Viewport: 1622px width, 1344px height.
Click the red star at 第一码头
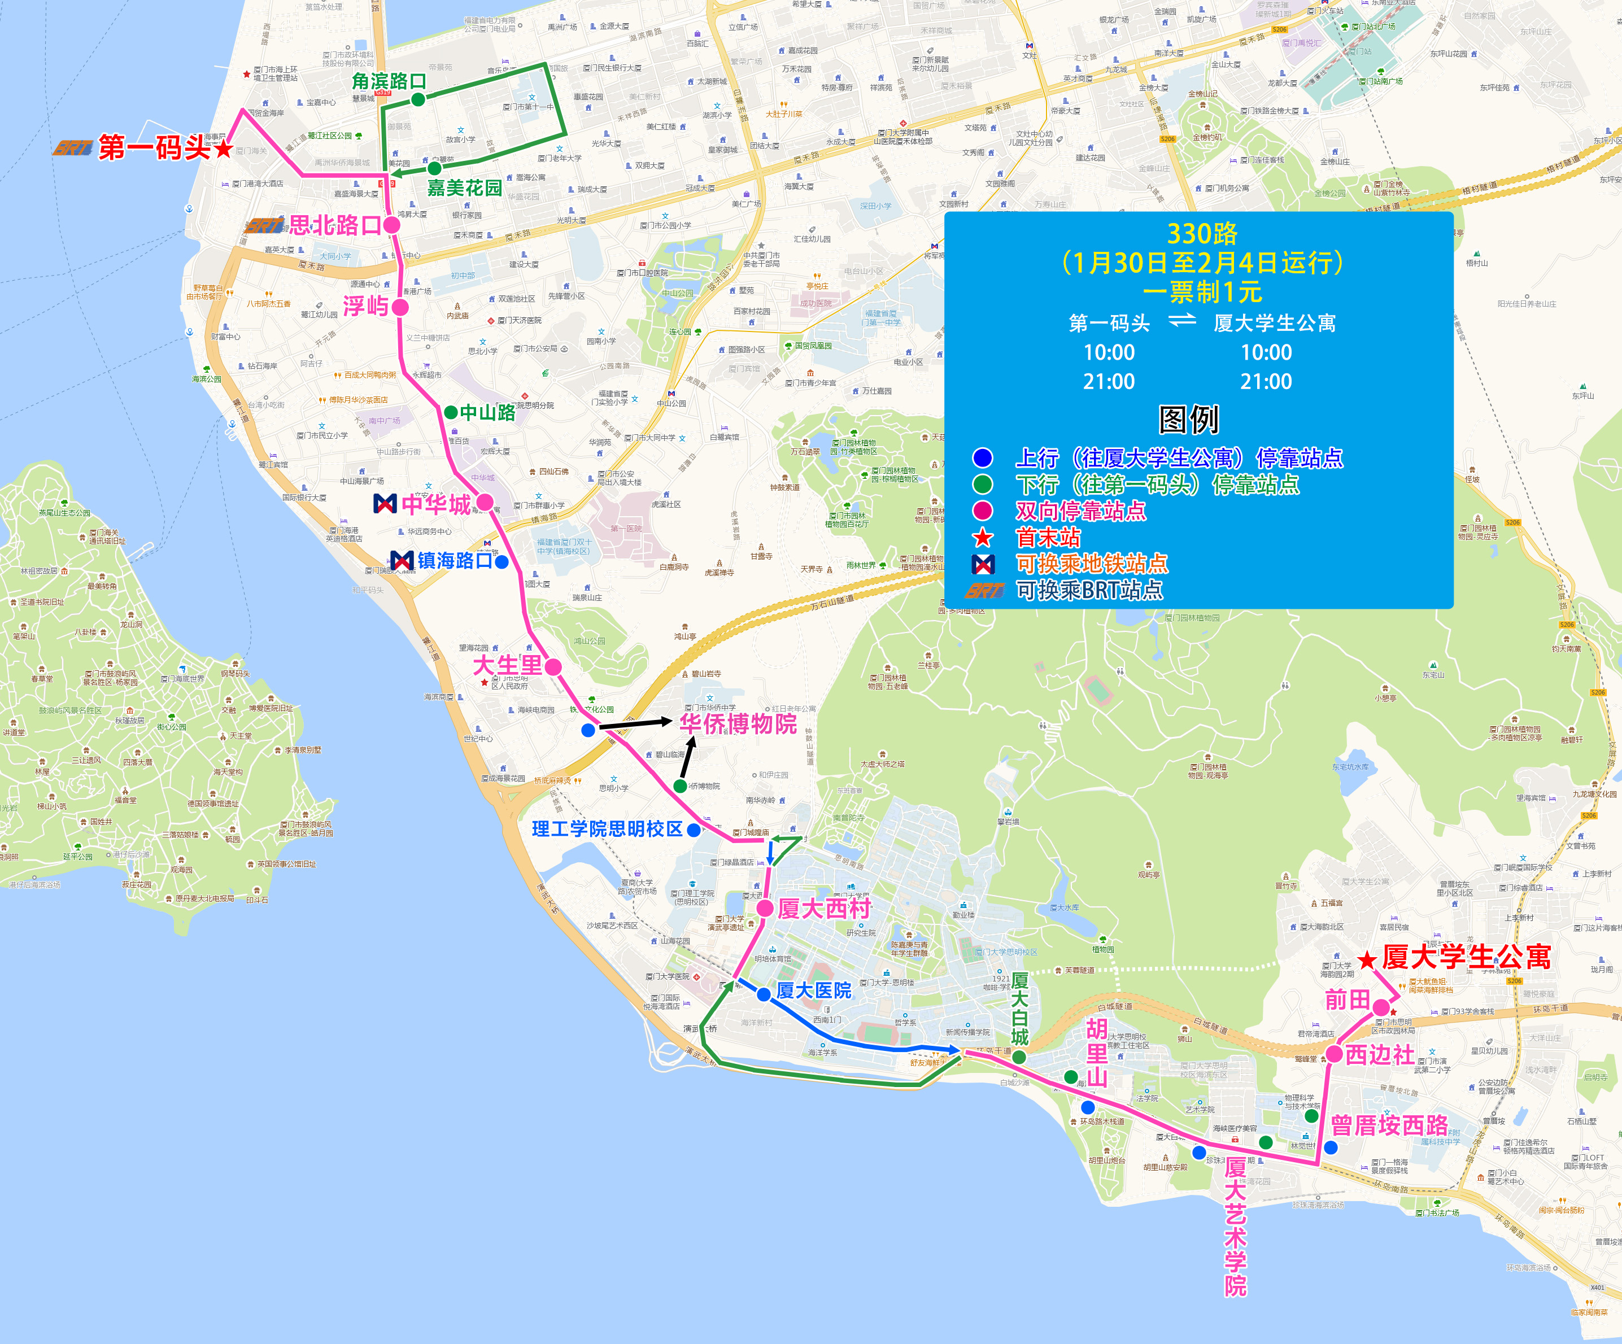pyautogui.click(x=223, y=149)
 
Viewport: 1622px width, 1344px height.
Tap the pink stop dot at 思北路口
pyautogui.click(x=391, y=225)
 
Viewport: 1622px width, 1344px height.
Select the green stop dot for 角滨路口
pyautogui.click(x=418, y=99)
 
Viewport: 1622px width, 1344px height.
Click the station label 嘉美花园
pyautogui.click(x=464, y=187)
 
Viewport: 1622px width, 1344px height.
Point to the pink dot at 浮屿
pyautogui.click(x=400, y=307)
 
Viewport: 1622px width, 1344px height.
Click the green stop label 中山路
pyautogui.click(x=487, y=412)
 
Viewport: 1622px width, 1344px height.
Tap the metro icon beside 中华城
pyautogui.click(x=385, y=504)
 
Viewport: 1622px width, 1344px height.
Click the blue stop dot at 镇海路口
pyautogui.click(x=502, y=561)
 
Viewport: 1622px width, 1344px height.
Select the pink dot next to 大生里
pyautogui.click(x=553, y=666)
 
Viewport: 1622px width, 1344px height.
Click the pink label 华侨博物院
pyautogui.click(x=738, y=724)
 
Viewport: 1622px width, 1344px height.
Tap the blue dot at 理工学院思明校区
pyautogui.click(x=694, y=830)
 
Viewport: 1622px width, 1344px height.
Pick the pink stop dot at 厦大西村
pyautogui.click(x=765, y=909)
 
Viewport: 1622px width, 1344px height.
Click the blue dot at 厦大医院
pyautogui.click(x=763, y=994)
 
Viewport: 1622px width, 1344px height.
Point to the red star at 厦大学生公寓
pyautogui.click(x=1367, y=960)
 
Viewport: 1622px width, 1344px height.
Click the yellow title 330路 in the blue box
pyautogui.click(x=1202, y=233)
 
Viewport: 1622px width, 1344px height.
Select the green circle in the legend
pyautogui.click(x=983, y=485)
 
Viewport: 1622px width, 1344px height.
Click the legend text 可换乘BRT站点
pyautogui.click(x=1089, y=590)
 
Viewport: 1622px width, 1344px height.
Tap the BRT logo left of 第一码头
pyautogui.click(x=73, y=147)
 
